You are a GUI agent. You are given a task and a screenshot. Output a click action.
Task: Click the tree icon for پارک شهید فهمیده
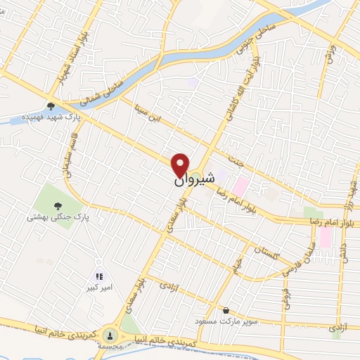[x=51, y=106]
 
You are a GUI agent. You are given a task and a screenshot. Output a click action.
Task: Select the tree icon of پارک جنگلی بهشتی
[x=58, y=205]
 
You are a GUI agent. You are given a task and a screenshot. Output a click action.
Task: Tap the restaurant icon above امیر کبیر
[x=99, y=276]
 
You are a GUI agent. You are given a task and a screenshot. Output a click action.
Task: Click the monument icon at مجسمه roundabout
[x=110, y=335]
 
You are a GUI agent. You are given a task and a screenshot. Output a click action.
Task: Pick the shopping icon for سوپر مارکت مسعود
[x=225, y=309]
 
